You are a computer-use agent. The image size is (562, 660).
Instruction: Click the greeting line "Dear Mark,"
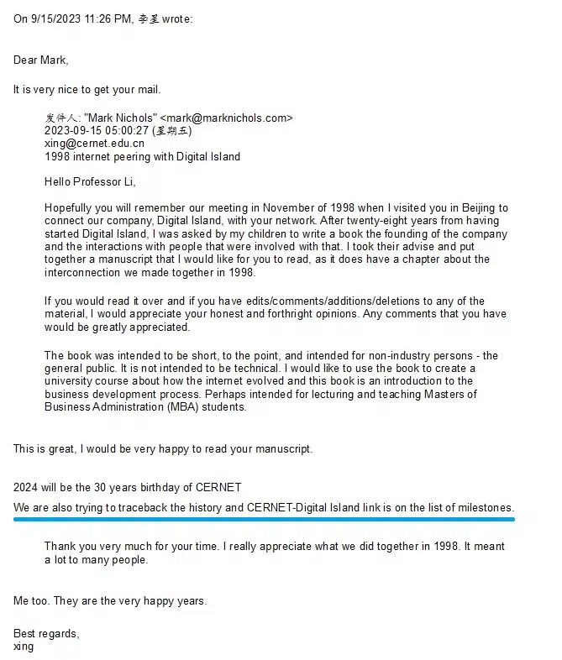click(41, 60)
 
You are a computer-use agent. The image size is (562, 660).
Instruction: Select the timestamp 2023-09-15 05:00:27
click(92, 131)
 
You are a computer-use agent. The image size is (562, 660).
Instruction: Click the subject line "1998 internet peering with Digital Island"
click(142, 156)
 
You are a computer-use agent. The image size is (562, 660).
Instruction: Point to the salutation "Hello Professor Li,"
click(90, 181)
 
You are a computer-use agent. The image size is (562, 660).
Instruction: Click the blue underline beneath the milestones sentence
click(264, 520)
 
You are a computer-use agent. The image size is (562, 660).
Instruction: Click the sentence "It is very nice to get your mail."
click(87, 89)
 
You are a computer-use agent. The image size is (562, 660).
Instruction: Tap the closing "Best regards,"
click(46, 633)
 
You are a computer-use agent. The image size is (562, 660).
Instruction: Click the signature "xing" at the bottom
click(24, 647)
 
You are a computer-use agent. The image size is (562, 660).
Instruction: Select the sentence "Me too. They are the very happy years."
click(110, 600)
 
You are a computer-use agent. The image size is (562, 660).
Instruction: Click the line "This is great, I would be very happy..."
click(163, 448)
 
